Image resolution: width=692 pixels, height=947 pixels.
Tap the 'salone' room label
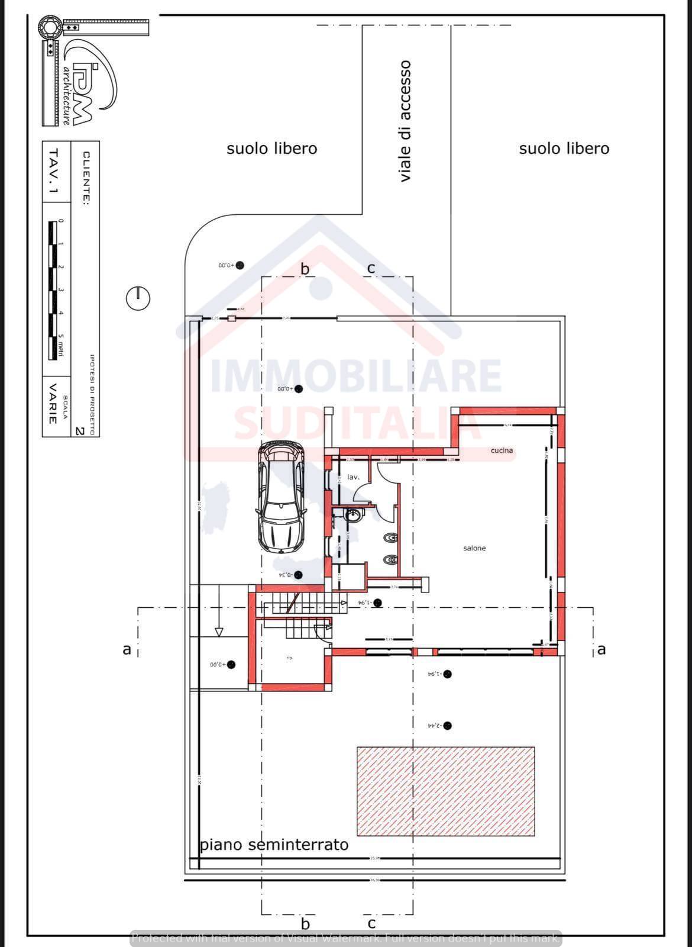[474, 548]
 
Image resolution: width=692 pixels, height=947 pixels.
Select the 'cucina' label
[502, 450]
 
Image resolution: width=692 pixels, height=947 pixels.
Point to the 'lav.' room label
[353, 476]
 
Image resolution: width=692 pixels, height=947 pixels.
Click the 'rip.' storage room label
[290, 658]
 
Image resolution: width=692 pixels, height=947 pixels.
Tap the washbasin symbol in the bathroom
[353, 515]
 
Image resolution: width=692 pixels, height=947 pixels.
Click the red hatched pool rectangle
[445, 791]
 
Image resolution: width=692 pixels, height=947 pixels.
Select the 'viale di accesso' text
[405, 121]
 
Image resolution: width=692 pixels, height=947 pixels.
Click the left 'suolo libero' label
[271, 149]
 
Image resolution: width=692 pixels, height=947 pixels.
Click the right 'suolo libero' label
[564, 149]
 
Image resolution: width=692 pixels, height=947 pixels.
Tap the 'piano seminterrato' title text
[274, 845]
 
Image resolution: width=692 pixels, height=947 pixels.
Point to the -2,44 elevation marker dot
[448, 726]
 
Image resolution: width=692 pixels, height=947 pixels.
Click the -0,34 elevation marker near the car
[299, 575]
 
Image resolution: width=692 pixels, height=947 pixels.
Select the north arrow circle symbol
[138, 297]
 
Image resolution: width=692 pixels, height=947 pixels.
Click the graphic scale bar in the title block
[52, 290]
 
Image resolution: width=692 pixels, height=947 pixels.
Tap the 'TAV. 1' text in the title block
[53, 171]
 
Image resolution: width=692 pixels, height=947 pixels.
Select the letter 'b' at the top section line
[305, 269]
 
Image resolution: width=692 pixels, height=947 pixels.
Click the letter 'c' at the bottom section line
[371, 923]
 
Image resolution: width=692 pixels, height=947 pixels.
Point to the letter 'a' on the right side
[602, 649]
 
